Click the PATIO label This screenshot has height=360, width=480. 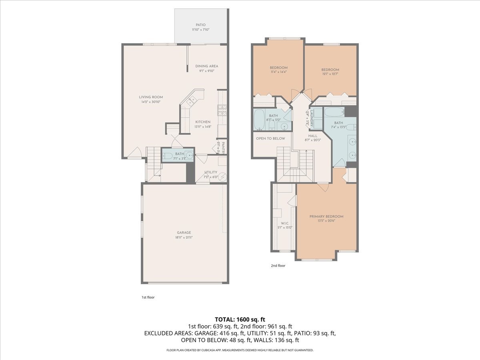pos(200,25)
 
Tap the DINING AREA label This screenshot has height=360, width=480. pos(207,66)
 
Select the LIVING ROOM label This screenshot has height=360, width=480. pos(151,97)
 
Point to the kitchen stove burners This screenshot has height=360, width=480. pos(222,109)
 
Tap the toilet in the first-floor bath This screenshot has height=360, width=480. pos(168,155)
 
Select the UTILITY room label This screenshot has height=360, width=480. pos(210,172)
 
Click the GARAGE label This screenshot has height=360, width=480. pos(184,232)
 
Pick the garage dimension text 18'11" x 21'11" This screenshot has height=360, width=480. pos(184,237)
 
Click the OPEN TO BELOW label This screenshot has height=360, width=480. pos(271,138)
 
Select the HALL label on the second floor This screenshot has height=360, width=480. pos(313,136)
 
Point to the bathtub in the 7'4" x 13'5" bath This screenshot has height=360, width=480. pos(334,112)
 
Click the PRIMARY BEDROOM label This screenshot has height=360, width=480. pos(326,216)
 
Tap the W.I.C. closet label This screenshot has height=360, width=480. pos(285,223)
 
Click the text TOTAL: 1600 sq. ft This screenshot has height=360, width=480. pos(240,319)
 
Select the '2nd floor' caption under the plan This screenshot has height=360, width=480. pos(278,265)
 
